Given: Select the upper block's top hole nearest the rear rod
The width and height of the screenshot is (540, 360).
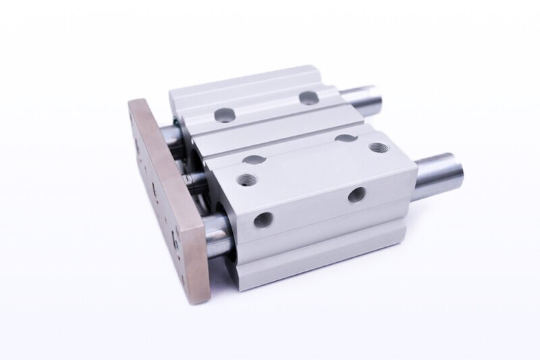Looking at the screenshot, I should tap(308, 98).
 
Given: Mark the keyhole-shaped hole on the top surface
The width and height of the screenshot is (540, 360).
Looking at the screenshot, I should tap(346, 138).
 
